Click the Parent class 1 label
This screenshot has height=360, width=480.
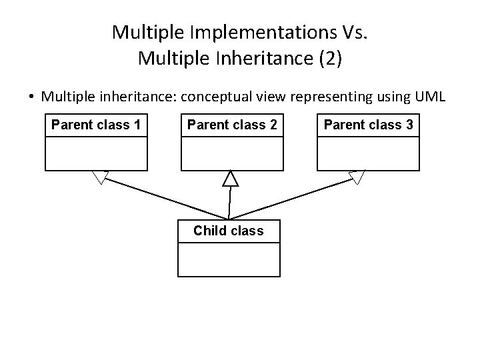(x=95, y=125)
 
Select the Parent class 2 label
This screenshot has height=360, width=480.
(x=232, y=125)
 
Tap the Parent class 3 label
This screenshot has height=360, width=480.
(x=368, y=125)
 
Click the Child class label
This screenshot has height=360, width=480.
(x=228, y=231)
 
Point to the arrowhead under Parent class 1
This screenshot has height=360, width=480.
(x=101, y=177)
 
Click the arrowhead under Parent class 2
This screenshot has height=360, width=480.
(x=230, y=178)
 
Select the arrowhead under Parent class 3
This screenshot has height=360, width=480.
(x=357, y=177)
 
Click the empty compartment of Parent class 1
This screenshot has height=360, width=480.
(x=95, y=153)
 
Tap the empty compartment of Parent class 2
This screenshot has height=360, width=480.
(x=232, y=153)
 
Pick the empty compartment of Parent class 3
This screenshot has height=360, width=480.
(x=368, y=153)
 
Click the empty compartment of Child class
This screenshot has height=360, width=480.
(x=228, y=259)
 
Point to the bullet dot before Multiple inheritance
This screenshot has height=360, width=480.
(x=31, y=97)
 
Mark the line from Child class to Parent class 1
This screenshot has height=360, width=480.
(x=167, y=198)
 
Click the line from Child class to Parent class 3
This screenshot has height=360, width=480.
(x=293, y=198)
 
